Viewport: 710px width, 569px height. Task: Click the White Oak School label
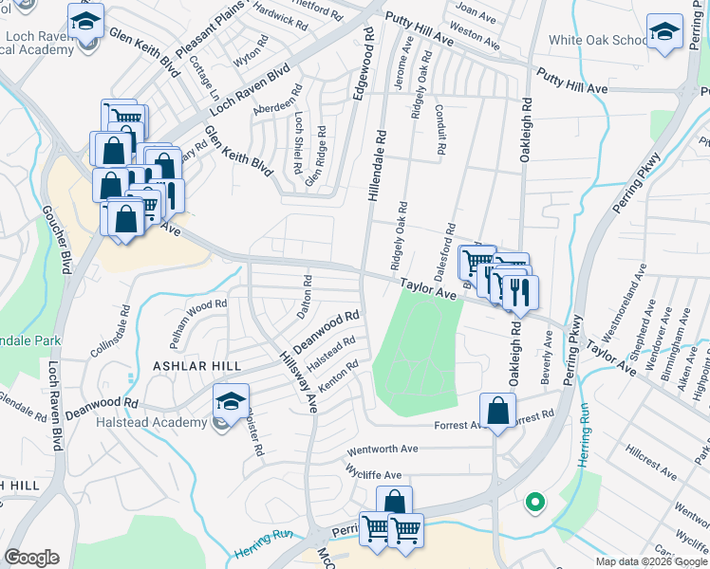click(597, 41)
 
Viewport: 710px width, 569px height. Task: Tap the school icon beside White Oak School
click(664, 33)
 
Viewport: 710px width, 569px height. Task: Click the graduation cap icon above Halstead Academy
click(230, 402)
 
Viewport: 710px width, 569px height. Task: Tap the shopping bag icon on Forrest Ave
click(497, 412)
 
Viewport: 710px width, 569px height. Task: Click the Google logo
click(31, 558)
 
